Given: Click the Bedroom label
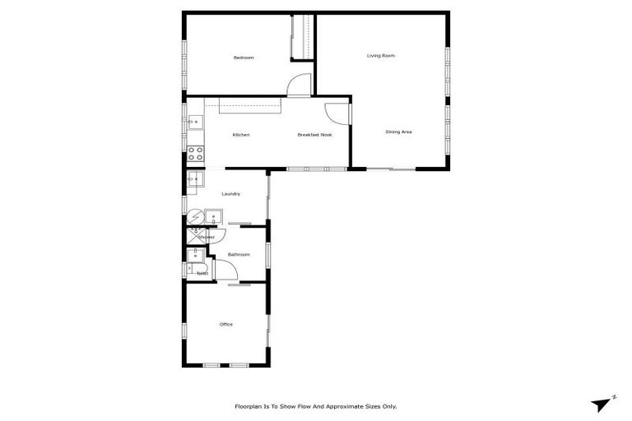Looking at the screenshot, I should pyautogui.click(x=244, y=58).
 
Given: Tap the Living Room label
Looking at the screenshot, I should pyautogui.click(x=381, y=56).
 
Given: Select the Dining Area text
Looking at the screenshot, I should pyautogui.click(x=398, y=132).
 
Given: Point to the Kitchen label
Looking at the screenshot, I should pyautogui.click(x=241, y=135).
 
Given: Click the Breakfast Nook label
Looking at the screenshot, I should pyautogui.click(x=314, y=135).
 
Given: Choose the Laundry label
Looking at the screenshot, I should pyautogui.click(x=231, y=194).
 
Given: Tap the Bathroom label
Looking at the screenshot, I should pyautogui.click(x=239, y=255).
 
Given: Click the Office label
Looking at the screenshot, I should pyautogui.click(x=226, y=324).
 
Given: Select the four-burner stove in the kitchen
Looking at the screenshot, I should pyautogui.click(x=196, y=153).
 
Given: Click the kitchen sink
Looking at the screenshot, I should pyautogui.click(x=195, y=123).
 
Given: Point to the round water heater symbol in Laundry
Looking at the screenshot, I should pyautogui.click(x=194, y=217).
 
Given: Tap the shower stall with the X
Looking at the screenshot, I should pyautogui.click(x=193, y=237).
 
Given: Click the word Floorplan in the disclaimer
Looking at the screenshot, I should pyautogui.click(x=250, y=406).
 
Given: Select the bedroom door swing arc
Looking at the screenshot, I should pyautogui.click(x=301, y=84).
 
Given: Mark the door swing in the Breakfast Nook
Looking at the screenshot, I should pyautogui.click(x=337, y=114).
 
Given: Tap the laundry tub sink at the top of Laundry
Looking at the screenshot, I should pyautogui.click(x=195, y=178).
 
